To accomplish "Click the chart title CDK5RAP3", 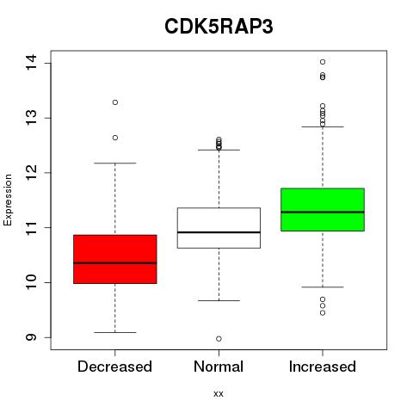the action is tap(219, 27).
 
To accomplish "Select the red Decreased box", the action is tap(115, 259).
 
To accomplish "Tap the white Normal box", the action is tap(219, 228).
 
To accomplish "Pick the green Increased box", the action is tap(323, 209).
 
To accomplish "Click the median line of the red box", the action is tap(115, 262).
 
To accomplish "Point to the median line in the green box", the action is tap(323, 213).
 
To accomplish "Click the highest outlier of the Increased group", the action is tap(323, 62).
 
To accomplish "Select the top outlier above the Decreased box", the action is tap(115, 102).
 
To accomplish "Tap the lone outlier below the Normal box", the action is tap(219, 339).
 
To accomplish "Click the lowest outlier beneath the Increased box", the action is tap(323, 313).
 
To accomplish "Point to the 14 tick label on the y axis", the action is tap(31, 63).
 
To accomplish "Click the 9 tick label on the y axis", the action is tap(31, 337).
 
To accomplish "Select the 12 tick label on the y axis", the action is tap(31, 172).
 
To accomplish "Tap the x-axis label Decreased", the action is tap(114, 367).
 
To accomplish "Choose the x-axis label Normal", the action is tap(219, 367).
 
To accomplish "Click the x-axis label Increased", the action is tap(323, 367).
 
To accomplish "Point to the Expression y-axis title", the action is tap(8, 200).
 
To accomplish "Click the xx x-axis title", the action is tap(219, 393).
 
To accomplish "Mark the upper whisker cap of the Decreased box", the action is tap(115, 163).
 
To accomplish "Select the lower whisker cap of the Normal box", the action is tap(219, 300).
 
